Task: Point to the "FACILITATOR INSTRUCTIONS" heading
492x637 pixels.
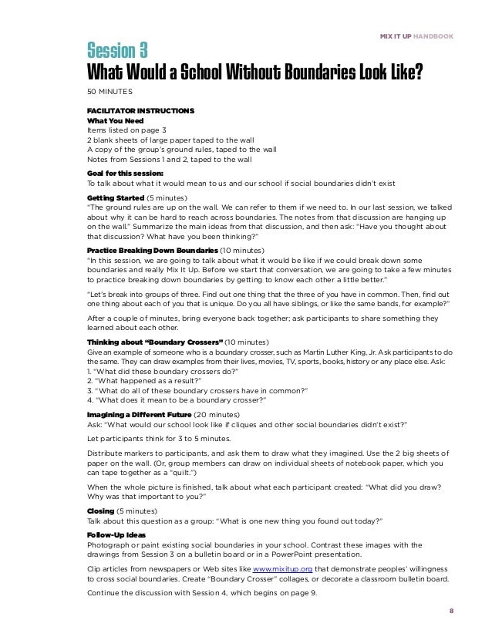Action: (x=140, y=110)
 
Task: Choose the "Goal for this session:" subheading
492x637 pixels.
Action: (x=125, y=174)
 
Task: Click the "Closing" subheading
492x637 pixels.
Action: (x=101, y=511)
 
